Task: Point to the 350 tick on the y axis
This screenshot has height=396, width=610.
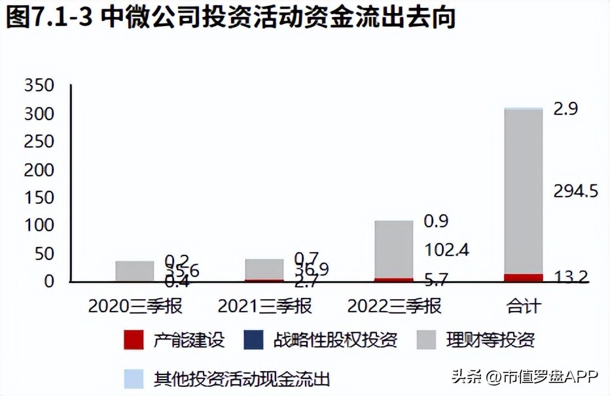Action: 39,86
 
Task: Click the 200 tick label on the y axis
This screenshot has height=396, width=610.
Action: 39,170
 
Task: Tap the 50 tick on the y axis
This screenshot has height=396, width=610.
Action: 44,254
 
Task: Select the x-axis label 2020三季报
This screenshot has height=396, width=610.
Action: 135,305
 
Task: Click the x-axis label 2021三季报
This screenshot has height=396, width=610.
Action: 264,305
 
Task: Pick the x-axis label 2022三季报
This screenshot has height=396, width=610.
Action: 394,305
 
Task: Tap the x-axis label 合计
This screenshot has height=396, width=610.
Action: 524,305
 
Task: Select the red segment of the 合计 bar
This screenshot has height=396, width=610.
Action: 524,278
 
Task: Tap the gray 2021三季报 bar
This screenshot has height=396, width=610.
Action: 264,269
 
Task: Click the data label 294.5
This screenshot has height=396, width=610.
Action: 576,191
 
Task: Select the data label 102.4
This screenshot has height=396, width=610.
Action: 447,250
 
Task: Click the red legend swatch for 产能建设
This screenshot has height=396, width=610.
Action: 133,340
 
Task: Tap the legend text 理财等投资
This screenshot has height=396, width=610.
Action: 490,340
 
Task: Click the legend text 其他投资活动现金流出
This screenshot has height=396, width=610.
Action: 242,378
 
